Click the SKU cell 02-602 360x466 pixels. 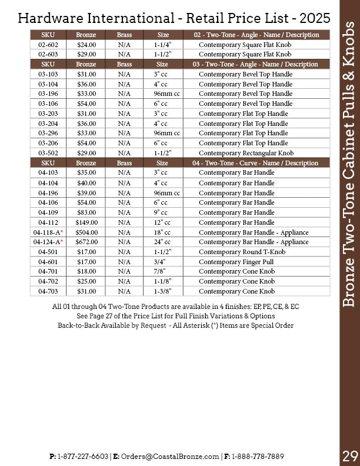click(48, 45)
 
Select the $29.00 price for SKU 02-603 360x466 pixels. click(86, 54)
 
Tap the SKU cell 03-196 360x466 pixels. click(48, 94)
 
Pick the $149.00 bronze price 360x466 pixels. click(86, 222)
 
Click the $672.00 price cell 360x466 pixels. click(86, 242)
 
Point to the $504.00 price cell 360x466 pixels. click(86, 232)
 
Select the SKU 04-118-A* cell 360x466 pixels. click(48, 232)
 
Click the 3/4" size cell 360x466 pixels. click(159, 261)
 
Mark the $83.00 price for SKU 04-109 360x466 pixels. click(86, 212)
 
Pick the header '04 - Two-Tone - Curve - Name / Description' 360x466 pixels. click(255, 163)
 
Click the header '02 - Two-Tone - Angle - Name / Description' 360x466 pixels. click(255, 35)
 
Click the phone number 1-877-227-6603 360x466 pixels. click(83, 456)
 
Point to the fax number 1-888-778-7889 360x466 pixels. click(259, 456)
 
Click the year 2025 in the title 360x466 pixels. click(309, 18)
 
